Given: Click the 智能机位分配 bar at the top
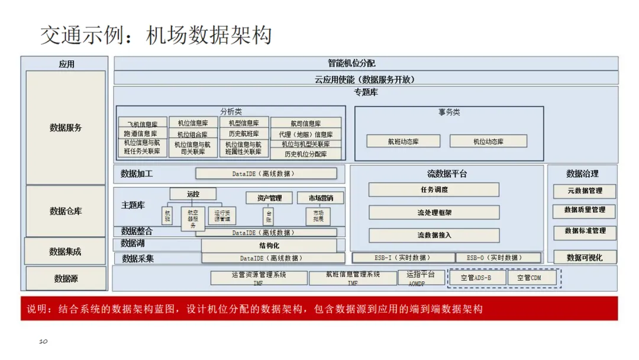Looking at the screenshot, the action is coord(366,63).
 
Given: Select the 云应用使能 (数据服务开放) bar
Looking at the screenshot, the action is coord(366,78).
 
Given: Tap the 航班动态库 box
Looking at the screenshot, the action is coord(403,142).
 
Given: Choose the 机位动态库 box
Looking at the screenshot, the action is coord(488,142).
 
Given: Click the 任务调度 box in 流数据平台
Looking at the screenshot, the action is coord(434,190).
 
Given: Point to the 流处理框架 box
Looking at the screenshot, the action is coord(434,213).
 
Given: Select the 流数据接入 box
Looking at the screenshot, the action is coord(434,235).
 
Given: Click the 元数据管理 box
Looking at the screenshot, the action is coord(584,191).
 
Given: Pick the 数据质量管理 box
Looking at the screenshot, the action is coord(584,211).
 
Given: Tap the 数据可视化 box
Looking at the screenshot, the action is coord(584,258).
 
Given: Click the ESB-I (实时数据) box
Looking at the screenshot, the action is coord(403,258).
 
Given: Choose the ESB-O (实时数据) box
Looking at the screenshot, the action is coord(498,258).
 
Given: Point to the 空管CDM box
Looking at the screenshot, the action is coord(528,278).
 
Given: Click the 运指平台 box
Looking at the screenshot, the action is coord(421,277).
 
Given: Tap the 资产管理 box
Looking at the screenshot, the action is coord(269,198).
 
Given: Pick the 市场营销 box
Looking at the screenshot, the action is coord(319,198).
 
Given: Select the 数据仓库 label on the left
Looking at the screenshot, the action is coord(66,211).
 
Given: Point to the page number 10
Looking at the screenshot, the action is coord(43,342).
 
